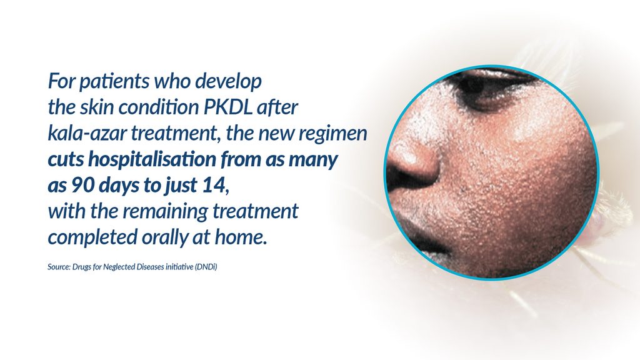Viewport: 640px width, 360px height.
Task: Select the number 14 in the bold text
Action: pos(214,185)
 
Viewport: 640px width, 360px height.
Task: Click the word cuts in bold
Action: pos(66,159)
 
